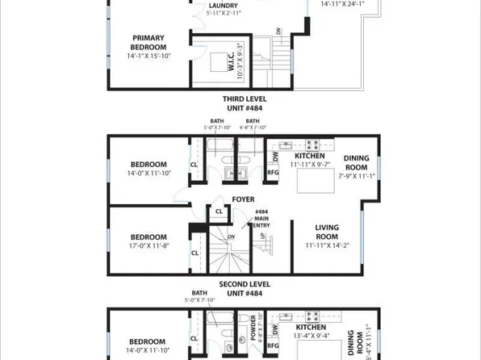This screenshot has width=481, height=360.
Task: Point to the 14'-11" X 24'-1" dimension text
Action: click(343, 4)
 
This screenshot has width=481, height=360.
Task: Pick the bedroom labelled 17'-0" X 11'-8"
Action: click(148, 241)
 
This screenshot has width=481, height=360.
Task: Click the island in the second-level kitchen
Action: click(315, 182)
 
